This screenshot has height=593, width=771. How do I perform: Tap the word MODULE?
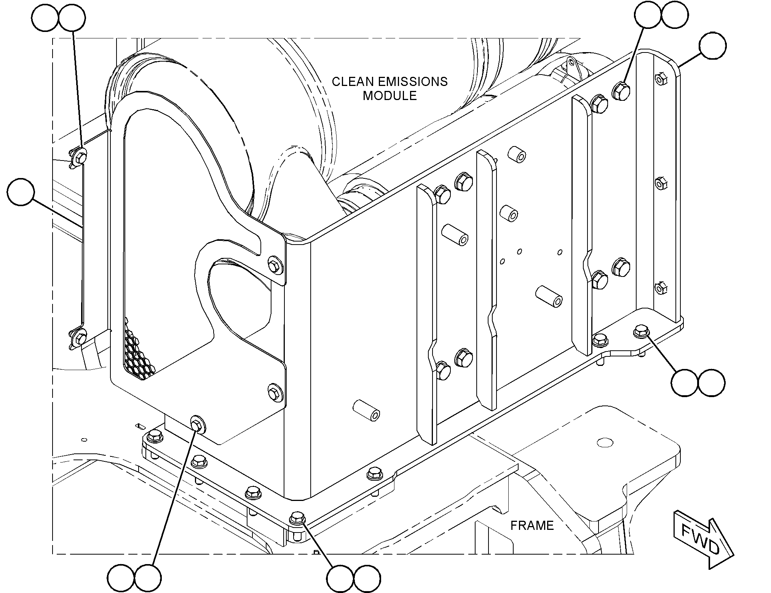click(x=389, y=95)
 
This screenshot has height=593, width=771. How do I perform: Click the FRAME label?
click(x=532, y=525)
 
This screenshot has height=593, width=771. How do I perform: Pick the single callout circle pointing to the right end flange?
click(x=713, y=46)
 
